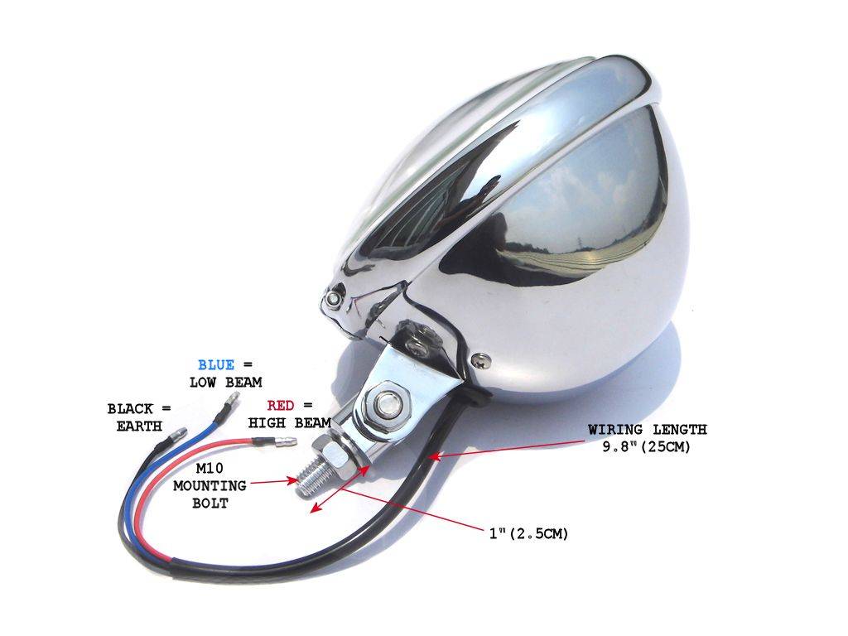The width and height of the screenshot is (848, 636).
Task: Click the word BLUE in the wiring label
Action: (215, 364)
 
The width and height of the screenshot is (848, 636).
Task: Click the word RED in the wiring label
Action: (281, 405)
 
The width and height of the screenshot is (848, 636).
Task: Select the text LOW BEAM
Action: (225, 382)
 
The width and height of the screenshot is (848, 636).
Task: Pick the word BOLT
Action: (209, 503)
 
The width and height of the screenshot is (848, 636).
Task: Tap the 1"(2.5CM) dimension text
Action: (528, 534)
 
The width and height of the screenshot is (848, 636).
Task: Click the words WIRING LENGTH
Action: (648, 430)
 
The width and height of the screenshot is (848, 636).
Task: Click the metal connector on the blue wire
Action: (232, 402)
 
